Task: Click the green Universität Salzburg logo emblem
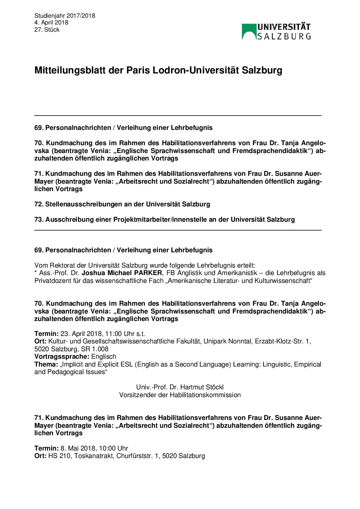(249, 31)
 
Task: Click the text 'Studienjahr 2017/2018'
(65, 16)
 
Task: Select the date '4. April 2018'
(51, 22)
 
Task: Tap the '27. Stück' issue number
(47, 30)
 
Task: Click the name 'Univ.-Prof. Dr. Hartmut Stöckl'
(180, 387)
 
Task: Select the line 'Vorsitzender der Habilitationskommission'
(180, 395)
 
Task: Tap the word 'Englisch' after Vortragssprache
(104, 357)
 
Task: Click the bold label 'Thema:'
(46, 364)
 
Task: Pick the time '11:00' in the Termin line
(113, 334)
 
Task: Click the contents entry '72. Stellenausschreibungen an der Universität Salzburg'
(122, 204)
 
